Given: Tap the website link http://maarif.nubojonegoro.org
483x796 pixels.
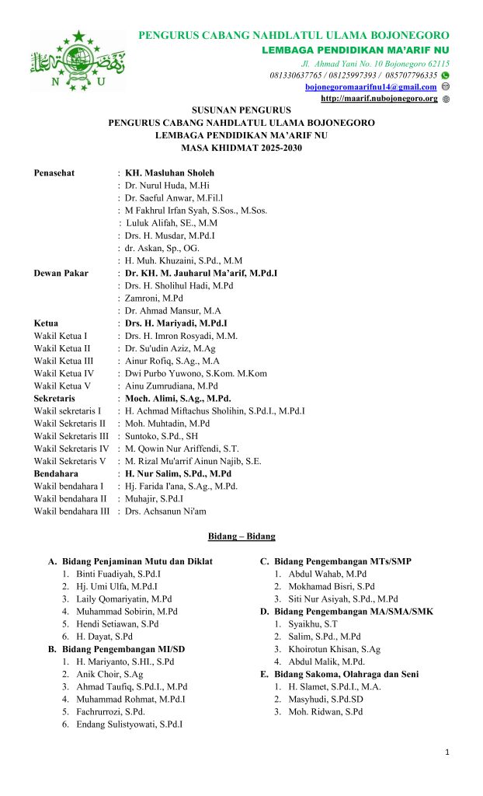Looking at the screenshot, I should tap(379, 99).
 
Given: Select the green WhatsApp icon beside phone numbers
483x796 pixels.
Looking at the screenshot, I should tap(446, 75).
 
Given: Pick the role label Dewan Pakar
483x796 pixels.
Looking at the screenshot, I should tap(61, 273).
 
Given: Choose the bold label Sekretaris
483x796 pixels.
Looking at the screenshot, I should tap(54, 398).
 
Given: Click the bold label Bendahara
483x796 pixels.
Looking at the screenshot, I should tap(56, 473).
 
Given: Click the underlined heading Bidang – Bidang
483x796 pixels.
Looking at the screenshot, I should tap(241, 536).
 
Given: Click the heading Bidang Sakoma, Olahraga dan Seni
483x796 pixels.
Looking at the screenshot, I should tap(346, 674).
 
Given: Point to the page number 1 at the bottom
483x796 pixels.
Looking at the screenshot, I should tap(448, 752).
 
